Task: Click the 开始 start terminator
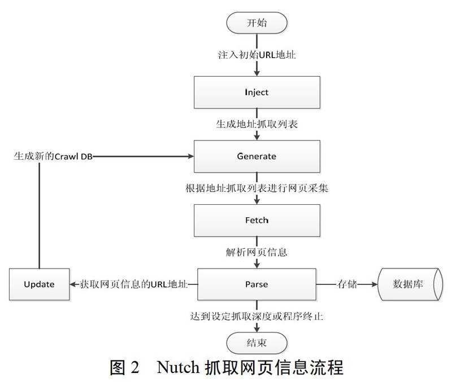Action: click(257, 23)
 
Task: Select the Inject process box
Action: click(257, 93)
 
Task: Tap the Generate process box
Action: click(257, 156)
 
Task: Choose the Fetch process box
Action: click(257, 221)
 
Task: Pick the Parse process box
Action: click(257, 284)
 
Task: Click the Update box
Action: click(39, 284)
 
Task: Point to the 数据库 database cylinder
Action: click(410, 284)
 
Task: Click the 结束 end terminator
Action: click(257, 343)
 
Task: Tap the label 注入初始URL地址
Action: click(257, 55)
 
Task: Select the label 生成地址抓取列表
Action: click(257, 124)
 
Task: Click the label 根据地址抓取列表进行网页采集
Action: click(257, 188)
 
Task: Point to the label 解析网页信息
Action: click(257, 252)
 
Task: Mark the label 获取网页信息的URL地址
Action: click(134, 284)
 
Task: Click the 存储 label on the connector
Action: click(347, 284)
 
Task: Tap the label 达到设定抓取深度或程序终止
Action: click(257, 317)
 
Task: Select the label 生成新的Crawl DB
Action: click(53, 156)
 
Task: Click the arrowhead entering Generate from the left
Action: click(190, 156)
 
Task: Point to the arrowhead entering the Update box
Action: click(73, 284)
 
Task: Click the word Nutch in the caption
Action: click(178, 367)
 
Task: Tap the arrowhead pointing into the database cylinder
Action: click(375, 284)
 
